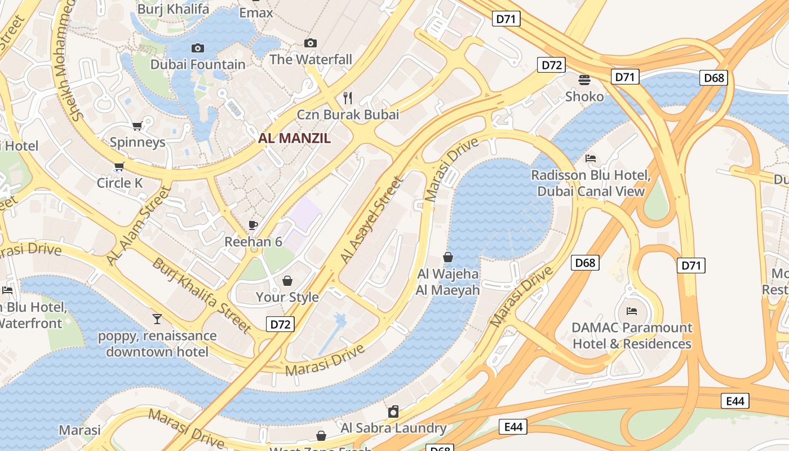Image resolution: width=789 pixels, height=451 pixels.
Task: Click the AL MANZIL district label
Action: tap(294, 138)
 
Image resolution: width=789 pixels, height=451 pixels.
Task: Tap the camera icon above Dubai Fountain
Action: tap(198, 48)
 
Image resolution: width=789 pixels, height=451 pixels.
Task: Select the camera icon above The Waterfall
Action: tap(310, 43)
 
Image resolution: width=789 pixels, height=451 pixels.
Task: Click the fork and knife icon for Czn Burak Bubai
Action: tap(348, 98)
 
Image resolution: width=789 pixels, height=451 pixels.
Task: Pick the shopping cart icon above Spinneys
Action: tap(137, 126)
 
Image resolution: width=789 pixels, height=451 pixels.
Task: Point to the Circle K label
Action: tap(119, 183)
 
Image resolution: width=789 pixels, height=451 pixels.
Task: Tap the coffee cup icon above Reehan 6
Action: tap(253, 225)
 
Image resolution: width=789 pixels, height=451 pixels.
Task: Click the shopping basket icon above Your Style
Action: tap(287, 281)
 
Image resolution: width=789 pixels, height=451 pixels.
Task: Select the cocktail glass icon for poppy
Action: tap(157, 319)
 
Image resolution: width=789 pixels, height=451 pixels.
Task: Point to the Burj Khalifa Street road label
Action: tap(202, 295)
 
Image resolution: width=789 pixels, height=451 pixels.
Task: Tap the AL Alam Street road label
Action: tap(139, 225)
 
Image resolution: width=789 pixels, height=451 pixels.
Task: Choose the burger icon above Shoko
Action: tap(584, 80)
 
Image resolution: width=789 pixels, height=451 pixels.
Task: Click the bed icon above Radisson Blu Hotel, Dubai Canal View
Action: tap(591, 158)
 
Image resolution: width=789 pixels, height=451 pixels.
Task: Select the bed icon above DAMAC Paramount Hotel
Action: tap(632, 311)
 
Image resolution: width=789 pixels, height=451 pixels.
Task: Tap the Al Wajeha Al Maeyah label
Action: tap(448, 282)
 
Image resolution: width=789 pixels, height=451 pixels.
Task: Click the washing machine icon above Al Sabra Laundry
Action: tap(393, 412)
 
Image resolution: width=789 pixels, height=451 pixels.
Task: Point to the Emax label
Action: tap(256, 12)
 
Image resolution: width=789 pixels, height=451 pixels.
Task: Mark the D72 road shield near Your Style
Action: tap(280, 324)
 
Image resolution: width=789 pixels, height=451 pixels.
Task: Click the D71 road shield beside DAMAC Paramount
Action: tap(690, 266)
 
